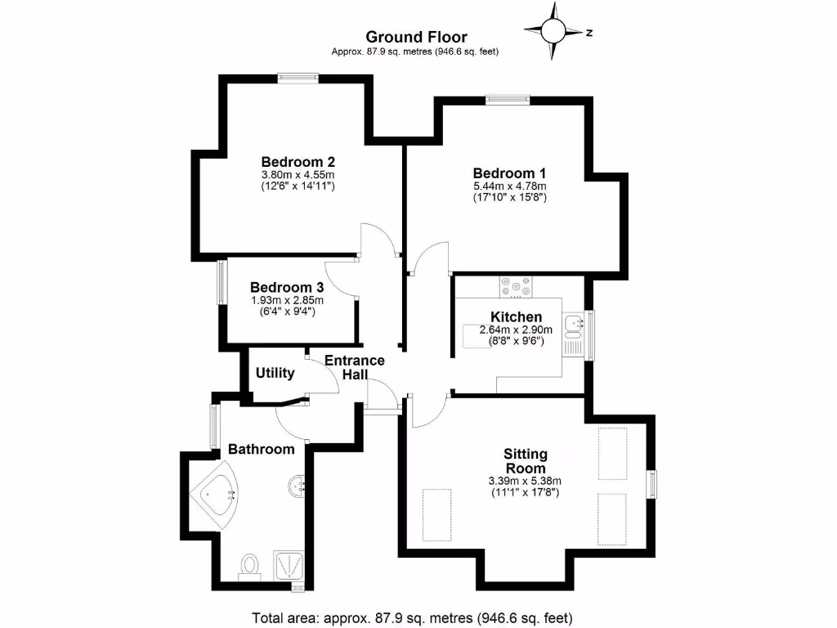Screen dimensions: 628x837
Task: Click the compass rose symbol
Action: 554,31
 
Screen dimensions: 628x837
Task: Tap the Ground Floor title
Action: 416,37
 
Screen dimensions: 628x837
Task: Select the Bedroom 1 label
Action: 509,173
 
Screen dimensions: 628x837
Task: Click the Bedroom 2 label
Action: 298,162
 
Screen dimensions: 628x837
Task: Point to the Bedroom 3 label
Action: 287,288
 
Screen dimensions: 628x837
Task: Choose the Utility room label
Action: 275,373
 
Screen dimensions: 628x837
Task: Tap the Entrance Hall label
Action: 355,367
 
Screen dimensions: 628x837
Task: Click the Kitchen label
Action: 516,317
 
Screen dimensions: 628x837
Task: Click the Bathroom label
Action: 261,449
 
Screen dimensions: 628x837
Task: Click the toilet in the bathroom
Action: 249,565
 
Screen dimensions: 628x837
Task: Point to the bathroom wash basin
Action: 298,486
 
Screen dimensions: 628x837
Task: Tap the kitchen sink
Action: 574,325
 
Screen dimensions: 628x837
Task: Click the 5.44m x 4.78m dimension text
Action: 509,186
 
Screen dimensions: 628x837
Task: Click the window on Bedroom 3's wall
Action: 221,283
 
